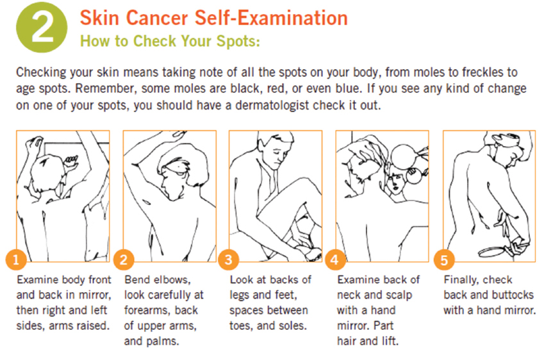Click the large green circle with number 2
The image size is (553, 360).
[x=42, y=27]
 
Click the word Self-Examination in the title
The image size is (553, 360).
[x=271, y=18]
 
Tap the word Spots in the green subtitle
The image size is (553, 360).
[x=238, y=41]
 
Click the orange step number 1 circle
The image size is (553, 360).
[x=16, y=260]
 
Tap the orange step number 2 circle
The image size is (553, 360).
[x=124, y=260]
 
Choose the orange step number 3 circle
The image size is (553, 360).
[x=229, y=260]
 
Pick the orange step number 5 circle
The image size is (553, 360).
[x=444, y=260]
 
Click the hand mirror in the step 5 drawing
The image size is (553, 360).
[x=494, y=252]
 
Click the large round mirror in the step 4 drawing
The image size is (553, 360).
[x=404, y=156]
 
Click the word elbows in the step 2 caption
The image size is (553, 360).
[x=173, y=279]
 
